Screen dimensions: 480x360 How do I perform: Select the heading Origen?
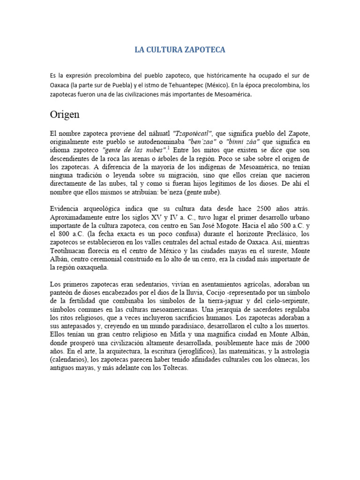pos(65,115)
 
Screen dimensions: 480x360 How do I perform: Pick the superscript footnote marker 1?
pos(168,148)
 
